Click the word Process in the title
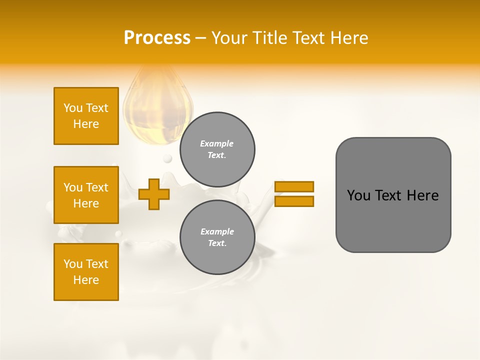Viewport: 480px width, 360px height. (x=157, y=38)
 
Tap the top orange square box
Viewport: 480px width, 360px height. (x=86, y=116)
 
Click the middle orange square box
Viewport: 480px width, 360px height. (x=86, y=195)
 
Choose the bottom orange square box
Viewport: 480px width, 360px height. (x=86, y=272)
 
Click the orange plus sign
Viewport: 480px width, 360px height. (x=154, y=194)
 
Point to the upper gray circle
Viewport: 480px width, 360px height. (x=217, y=149)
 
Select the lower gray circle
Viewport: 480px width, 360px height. (x=217, y=237)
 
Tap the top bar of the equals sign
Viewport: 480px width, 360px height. (x=294, y=186)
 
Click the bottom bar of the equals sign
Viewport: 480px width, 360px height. (x=294, y=201)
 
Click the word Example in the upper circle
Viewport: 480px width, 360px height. (x=216, y=143)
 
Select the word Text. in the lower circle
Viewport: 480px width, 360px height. (x=217, y=243)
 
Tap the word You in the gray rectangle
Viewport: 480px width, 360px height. (x=358, y=195)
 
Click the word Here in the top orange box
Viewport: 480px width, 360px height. (x=86, y=124)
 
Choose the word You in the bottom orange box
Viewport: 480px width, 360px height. (x=73, y=264)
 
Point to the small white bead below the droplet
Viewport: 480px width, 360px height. (x=167, y=158)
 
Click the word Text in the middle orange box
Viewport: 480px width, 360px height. (x=97, y=187)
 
